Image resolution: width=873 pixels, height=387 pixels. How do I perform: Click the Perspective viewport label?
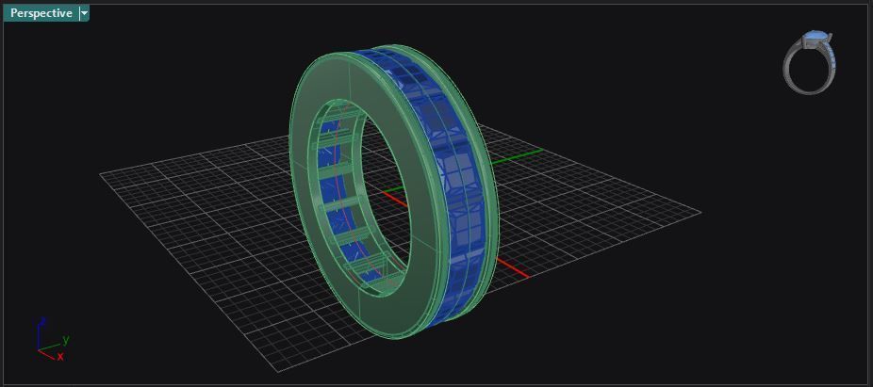41,13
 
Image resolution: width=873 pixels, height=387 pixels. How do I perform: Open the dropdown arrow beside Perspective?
84,13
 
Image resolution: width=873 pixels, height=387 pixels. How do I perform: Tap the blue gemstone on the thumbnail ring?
816,40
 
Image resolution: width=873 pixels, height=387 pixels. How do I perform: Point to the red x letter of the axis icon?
60,357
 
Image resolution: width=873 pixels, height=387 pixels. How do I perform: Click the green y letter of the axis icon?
66,339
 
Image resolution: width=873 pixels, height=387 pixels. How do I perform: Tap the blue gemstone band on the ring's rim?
453,169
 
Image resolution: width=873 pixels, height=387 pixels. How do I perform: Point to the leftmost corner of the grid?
101,173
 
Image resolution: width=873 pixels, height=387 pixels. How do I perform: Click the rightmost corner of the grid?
701,211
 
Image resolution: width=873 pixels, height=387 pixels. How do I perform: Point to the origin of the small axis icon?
40,349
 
